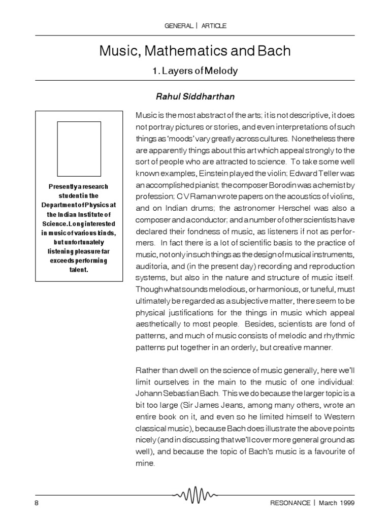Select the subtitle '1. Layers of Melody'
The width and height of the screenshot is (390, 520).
[195, 71]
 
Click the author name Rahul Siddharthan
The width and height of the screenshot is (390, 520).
[195, 96]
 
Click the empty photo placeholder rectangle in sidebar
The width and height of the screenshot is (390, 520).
[79, 149]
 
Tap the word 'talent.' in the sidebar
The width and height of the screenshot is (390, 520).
[79, 270]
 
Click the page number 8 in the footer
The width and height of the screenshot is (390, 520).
[37, 503]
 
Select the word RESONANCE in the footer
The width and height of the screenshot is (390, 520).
[290, 503]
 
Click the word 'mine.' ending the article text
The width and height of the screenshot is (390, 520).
[145, 464]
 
